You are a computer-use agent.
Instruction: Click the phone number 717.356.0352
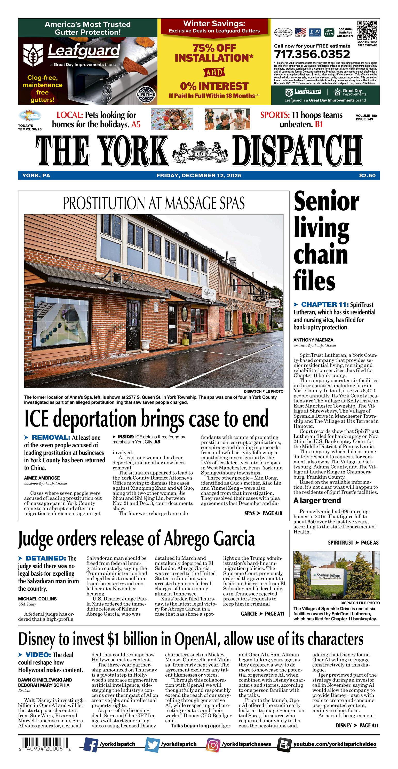312,54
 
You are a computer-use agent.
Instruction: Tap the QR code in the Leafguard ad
367,30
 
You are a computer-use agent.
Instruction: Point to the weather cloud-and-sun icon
29,116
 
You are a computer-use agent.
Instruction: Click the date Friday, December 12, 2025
199,175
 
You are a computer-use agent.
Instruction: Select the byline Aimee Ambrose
42,478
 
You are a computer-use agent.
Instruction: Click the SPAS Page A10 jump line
263,513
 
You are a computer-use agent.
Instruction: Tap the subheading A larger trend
317,500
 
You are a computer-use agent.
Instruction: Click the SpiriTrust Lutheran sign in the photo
327,576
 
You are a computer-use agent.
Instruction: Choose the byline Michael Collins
37,599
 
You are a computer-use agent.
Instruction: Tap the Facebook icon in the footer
91,744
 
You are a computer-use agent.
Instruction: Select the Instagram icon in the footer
213,744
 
